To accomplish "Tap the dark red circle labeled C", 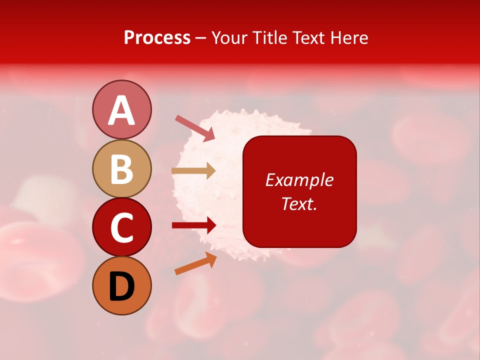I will [121, 227].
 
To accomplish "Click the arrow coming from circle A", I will [194, 128].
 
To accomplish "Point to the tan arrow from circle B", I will [193, 171].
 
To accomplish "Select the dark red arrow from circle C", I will [193, 225].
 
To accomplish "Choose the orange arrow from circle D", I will [195, 263].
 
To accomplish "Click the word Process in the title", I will [157, 38].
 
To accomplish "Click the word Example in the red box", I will [299, 180].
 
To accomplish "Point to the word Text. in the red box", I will [299, 203].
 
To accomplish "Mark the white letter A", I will [121, 110].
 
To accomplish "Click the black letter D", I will [121, 286].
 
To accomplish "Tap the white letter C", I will [121, 227].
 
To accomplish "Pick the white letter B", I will [121, 169].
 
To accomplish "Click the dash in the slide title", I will [200, 38].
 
